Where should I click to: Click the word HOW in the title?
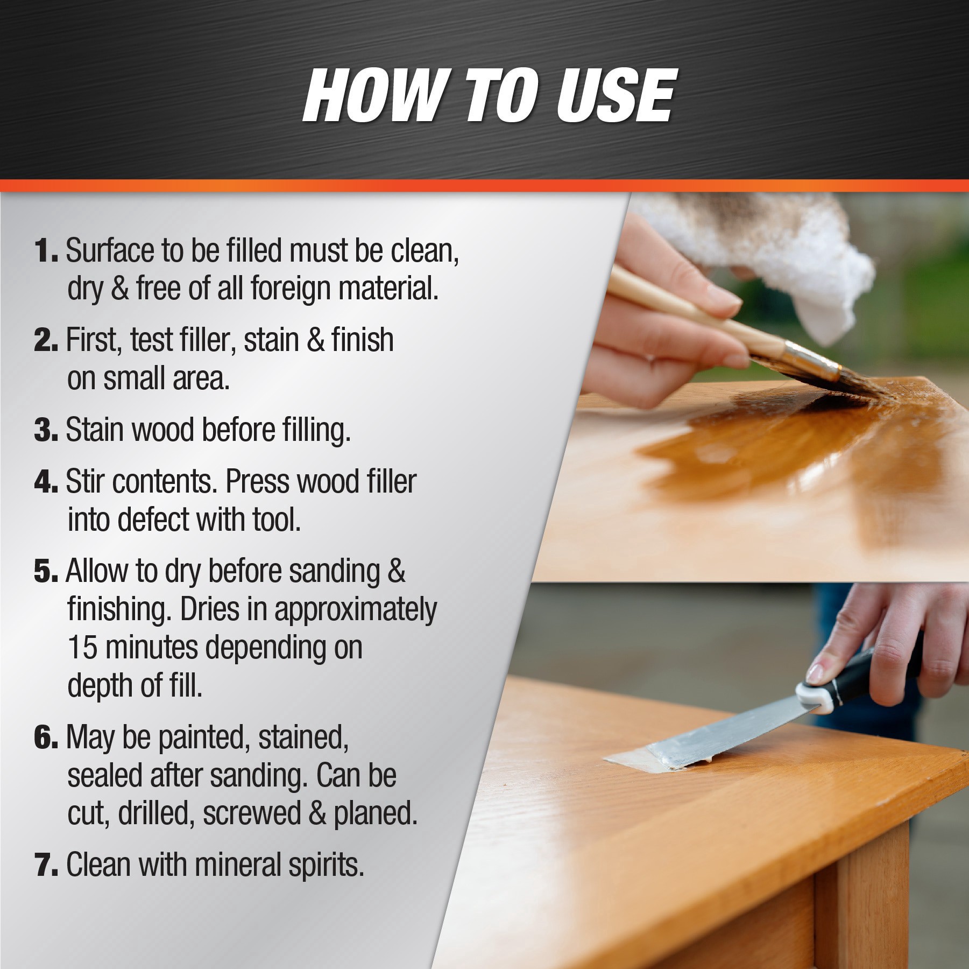(372, 96)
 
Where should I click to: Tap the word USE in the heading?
(615, 96)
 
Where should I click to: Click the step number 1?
(45, 251)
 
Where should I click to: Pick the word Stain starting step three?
(95, 430)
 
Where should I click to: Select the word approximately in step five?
(355, 610)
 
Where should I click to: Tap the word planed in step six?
(375, 813)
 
